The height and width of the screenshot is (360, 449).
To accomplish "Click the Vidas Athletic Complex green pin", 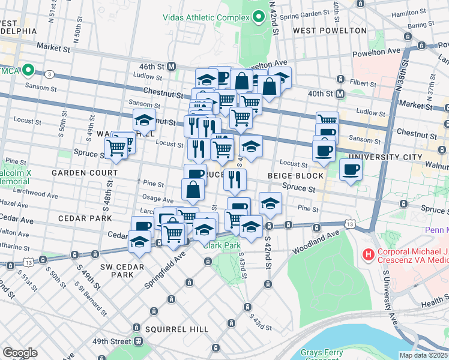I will click(259, 17).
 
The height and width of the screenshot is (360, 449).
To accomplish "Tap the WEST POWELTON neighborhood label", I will click(330, 30).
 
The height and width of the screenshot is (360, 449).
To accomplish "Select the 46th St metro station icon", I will click(172, 66).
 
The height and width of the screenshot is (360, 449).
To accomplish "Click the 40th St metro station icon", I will click(340, 94).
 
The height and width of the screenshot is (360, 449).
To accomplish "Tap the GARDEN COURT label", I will click(78, 172).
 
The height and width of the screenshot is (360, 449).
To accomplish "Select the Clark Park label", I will click(221, 245).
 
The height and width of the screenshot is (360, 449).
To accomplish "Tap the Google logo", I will click(20, 353).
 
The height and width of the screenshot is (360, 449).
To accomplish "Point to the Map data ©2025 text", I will click(423, 355).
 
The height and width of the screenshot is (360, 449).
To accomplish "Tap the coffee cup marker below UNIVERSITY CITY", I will click(351, 169).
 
